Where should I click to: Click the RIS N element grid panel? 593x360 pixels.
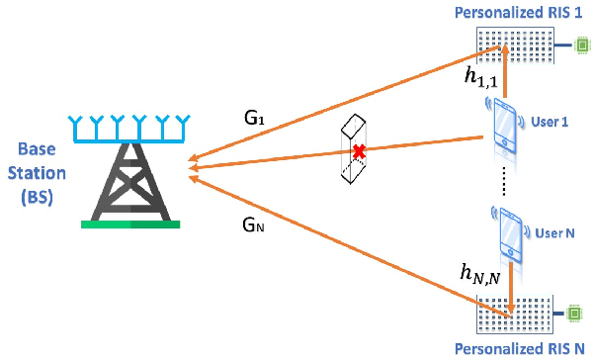click(514, 315)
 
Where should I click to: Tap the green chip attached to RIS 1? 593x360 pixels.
click(582, 45)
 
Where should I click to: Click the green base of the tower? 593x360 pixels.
click(130, 224)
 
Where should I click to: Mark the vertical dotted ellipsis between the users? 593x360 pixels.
click(506, 181)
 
